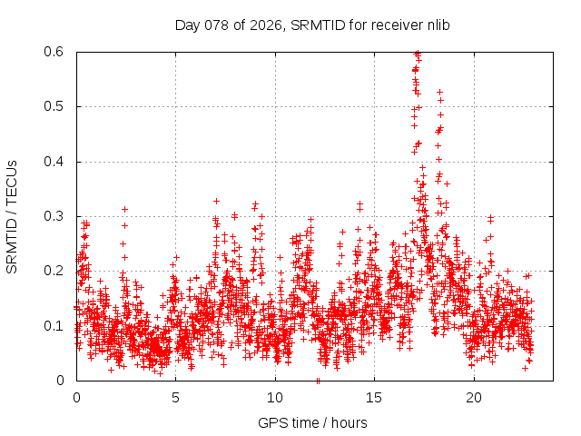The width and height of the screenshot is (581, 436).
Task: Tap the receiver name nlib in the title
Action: pyautogui.click(x=437, y=25)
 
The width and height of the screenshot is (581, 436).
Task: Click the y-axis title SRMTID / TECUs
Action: pyautogui.click(x=12, y=216)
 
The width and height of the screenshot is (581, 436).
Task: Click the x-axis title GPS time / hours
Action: pyautogui.click(x=312, y=422)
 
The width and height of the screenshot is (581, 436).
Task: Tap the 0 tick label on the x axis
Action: pyautogui.click(x=76, y=397)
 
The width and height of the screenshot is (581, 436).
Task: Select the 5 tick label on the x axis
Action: pyautogui.click(x=175, y=397)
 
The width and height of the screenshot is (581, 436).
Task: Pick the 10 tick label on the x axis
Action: pyautogui.click(x=275, y=397)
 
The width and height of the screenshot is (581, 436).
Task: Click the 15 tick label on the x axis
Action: pyautogui.click(x=374, y=397)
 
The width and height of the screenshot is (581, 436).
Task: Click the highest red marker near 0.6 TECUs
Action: pyautogui.click(x=417, y=53)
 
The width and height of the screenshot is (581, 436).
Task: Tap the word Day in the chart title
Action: pyautogui.click(x=186, y=25)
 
